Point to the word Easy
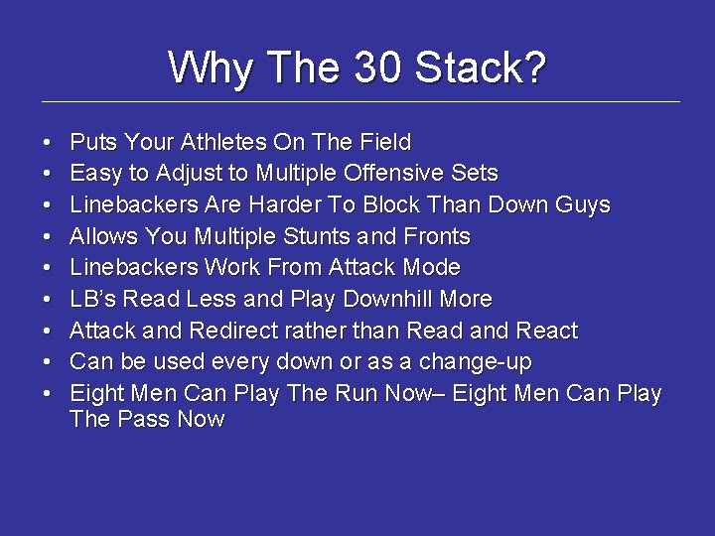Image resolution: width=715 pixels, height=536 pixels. click(96, 174)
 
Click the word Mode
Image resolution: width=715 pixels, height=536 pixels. click(429, 267)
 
